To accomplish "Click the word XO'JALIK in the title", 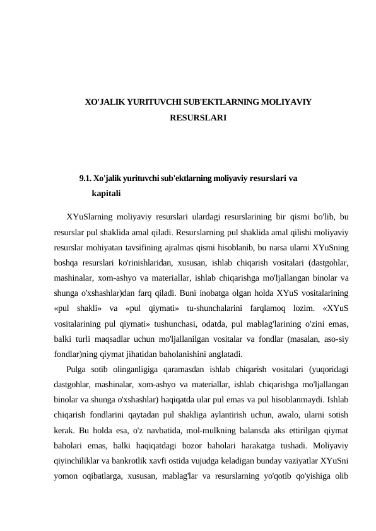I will click(x=104, y=101).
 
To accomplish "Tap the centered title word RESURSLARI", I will click(x=198, y=117).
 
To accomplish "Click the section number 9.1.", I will click(x=85, y=178).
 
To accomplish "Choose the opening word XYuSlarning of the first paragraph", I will click(x=89, y=217).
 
